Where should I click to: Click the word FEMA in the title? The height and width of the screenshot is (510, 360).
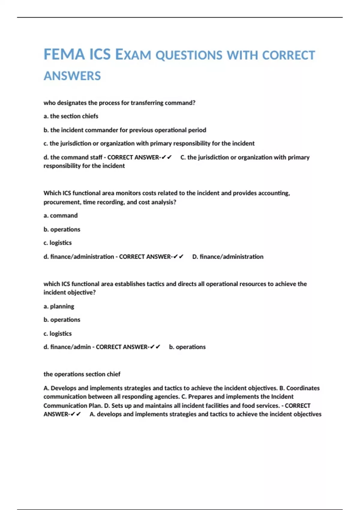[64, 55]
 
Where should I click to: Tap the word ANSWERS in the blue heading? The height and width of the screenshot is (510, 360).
[72, 76]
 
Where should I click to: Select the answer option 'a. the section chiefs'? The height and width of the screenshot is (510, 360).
[71, 116]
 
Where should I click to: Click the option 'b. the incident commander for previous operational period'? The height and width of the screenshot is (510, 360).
[125, 130]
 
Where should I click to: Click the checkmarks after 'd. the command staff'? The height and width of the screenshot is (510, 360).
[166, 157]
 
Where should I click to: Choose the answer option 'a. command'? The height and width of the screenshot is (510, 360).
[61, 215]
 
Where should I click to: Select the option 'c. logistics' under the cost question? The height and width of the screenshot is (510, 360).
[58, 243]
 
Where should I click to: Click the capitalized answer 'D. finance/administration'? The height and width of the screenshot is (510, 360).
[228, 256]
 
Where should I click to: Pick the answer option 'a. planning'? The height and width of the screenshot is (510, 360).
[59, 306]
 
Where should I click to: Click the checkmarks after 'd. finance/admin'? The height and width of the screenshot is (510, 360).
[155, 347]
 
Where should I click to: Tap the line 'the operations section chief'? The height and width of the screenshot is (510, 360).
[82, 374]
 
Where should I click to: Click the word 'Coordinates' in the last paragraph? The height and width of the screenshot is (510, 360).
[303, 388]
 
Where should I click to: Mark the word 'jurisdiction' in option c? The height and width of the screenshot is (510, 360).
[76, 143]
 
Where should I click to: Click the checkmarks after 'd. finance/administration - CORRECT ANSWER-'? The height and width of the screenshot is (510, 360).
[178, 256]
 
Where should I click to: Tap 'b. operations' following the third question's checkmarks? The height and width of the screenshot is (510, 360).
[187, 347]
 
